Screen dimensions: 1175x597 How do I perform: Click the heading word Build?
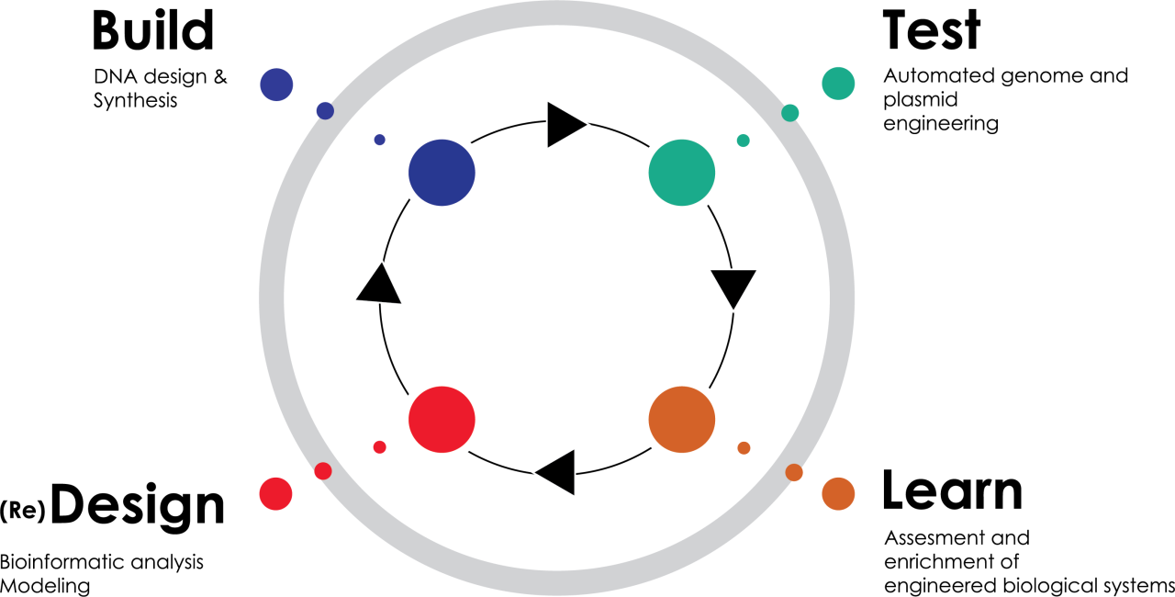pyautogui.click(x=153, y=30)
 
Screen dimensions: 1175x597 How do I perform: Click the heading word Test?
pyautogui.click(x=932, y=30)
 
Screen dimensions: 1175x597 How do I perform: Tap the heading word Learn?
pyautogui.click(x=953, y=490)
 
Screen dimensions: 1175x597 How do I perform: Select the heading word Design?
pyautogui.click(x=138, y=506)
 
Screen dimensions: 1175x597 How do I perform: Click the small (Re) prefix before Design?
pyautogui.click(x=23, y=511)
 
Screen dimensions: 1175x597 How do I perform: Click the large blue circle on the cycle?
pyautogui.click(x=442, y=173)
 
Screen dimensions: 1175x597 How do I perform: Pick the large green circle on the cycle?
pyautogui.click(x=682, y=173)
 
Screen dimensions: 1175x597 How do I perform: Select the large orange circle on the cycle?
pyautogui.click(x=682, y=420)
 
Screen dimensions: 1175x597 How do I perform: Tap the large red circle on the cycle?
pyautogui.click(x=442, y=420)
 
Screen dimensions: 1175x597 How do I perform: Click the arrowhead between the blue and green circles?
pyautogui.click(x=564, y=125)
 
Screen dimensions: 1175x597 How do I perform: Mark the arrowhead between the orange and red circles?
pyautogui.click(x=557, y=472)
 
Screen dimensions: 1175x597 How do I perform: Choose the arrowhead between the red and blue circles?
pyautogui.click(x=379, y=286)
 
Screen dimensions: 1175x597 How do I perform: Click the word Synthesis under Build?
pyautogui.click(x=135, y=100)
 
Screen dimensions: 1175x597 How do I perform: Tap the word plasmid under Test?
pyautogui.click(x=921, y=100)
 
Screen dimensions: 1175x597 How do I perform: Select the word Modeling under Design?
pyautogui.click(x=45, y=586)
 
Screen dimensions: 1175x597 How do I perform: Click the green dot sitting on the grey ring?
pyautogui.click(x=790, y=113)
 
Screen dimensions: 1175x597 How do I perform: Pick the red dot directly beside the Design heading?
pyautogui.click(x=275, y=493)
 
